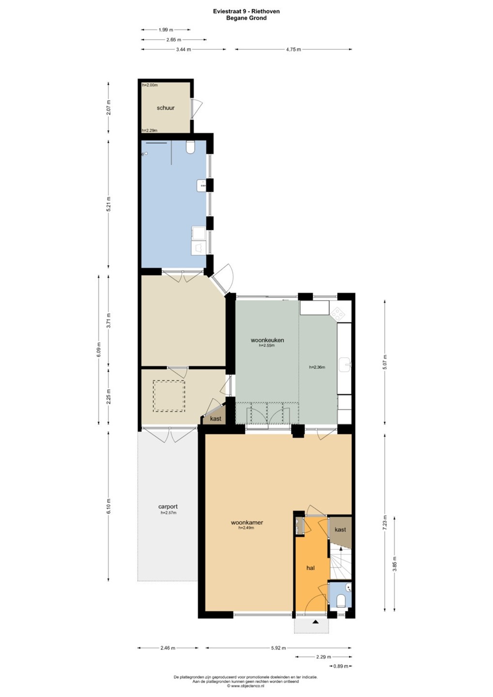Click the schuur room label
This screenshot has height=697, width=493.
point(166,108)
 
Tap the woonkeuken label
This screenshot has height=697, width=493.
point(267,340)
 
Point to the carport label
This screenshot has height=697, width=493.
point(168,507)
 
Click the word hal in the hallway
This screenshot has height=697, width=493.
point(310,568)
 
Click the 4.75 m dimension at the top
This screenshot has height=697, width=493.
point(293,49)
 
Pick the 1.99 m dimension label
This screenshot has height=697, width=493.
point(166,30)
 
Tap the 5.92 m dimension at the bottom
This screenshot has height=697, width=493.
point(278,648)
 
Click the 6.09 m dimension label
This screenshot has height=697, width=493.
point(99,350)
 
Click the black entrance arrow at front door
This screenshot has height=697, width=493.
point(316,622)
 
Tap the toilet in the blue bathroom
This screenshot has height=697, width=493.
point(190,147)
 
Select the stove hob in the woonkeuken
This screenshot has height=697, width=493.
point(338,314)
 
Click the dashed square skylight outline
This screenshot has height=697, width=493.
point(169,396)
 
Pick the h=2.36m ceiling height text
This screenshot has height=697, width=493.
point(317,367)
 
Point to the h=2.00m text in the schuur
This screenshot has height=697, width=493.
point(150,85)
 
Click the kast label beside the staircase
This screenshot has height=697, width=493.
point(340,530)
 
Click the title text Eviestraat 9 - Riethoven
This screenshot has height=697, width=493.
point(246,11)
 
